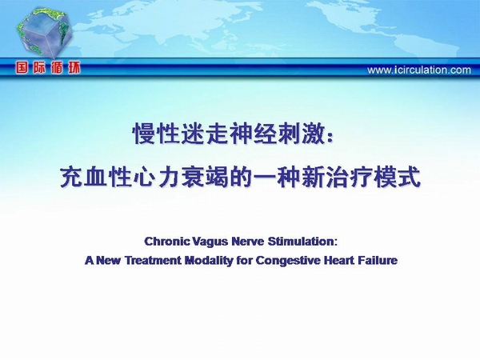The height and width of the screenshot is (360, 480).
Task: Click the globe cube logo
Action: [44, 33]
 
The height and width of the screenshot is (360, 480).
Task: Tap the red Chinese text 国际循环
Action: [48, 67]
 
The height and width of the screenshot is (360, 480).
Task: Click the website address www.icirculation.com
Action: [419, 70]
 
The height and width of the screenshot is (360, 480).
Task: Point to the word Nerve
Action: [248, 242]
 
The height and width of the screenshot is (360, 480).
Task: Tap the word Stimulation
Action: [301, 242]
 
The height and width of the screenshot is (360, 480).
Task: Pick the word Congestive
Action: [288, 261]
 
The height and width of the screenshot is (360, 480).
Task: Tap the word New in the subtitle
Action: [108, 261]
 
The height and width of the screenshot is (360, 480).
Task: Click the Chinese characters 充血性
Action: [95, 177]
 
